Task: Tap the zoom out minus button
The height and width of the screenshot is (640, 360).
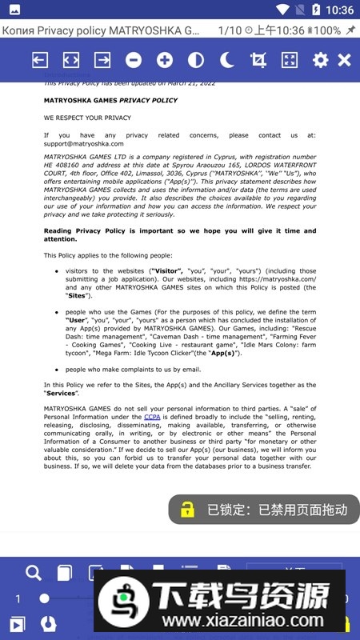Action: (134, 60)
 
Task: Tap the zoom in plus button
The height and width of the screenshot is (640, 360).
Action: (165, 60)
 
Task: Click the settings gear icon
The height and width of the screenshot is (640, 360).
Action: (320, 60)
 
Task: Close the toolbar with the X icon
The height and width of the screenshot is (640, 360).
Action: (344, 60)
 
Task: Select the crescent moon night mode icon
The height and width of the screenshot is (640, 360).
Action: (227, 60)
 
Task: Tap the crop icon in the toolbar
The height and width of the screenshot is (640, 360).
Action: (258, 60)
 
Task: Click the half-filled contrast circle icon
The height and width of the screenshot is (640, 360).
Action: (196, 60)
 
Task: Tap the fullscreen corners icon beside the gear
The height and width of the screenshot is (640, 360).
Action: (290, 60)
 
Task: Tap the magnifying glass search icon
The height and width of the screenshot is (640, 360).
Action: (34, 573)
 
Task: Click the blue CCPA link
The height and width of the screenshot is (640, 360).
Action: (152, 417)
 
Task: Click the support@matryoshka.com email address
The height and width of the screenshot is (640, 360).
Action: (84, 143)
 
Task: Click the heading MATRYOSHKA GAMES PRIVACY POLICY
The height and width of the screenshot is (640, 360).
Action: (110, 101)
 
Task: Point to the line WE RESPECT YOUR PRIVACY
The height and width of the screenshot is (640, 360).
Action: (87, 118)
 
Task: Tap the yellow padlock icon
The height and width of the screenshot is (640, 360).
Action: (187, 510)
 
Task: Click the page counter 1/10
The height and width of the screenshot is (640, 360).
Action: (230, 30)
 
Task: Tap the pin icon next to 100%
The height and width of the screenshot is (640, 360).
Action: (351, 30)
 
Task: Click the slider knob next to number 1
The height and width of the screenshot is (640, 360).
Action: (45, 598)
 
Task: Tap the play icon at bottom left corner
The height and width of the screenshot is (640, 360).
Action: (17, 624)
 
